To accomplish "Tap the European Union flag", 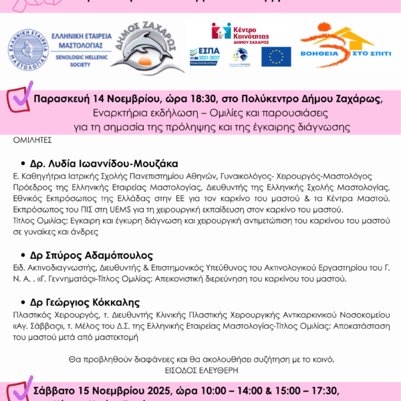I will [275, 56].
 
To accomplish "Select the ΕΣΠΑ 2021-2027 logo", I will [205, 56].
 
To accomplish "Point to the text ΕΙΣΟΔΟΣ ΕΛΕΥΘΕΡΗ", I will [200, 369].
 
